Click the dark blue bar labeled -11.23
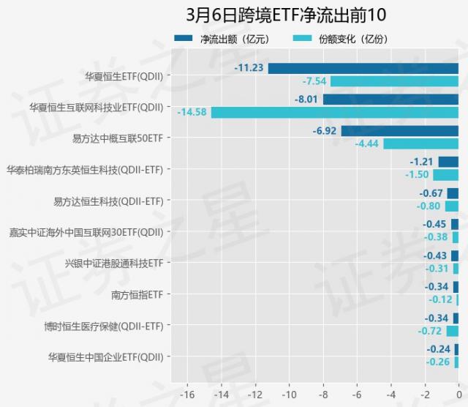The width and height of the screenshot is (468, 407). (363, 68)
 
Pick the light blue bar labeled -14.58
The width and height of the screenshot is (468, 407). (335, 112)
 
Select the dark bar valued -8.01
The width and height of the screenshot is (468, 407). (390, 99)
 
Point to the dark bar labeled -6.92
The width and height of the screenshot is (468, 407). (399, 131)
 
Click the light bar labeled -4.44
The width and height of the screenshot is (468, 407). (420, 143)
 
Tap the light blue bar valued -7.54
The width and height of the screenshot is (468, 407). (394, 81)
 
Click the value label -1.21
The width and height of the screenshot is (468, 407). (421, 162)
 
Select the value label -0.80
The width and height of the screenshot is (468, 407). (429, 206)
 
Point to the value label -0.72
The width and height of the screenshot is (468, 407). (429, 331)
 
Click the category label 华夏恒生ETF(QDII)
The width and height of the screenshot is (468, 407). (124, 75)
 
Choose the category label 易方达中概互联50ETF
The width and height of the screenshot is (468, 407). (118, 138)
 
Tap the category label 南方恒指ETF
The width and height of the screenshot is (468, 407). (137, 294)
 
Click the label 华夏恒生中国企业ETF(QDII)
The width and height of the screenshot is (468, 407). (106, 356)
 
